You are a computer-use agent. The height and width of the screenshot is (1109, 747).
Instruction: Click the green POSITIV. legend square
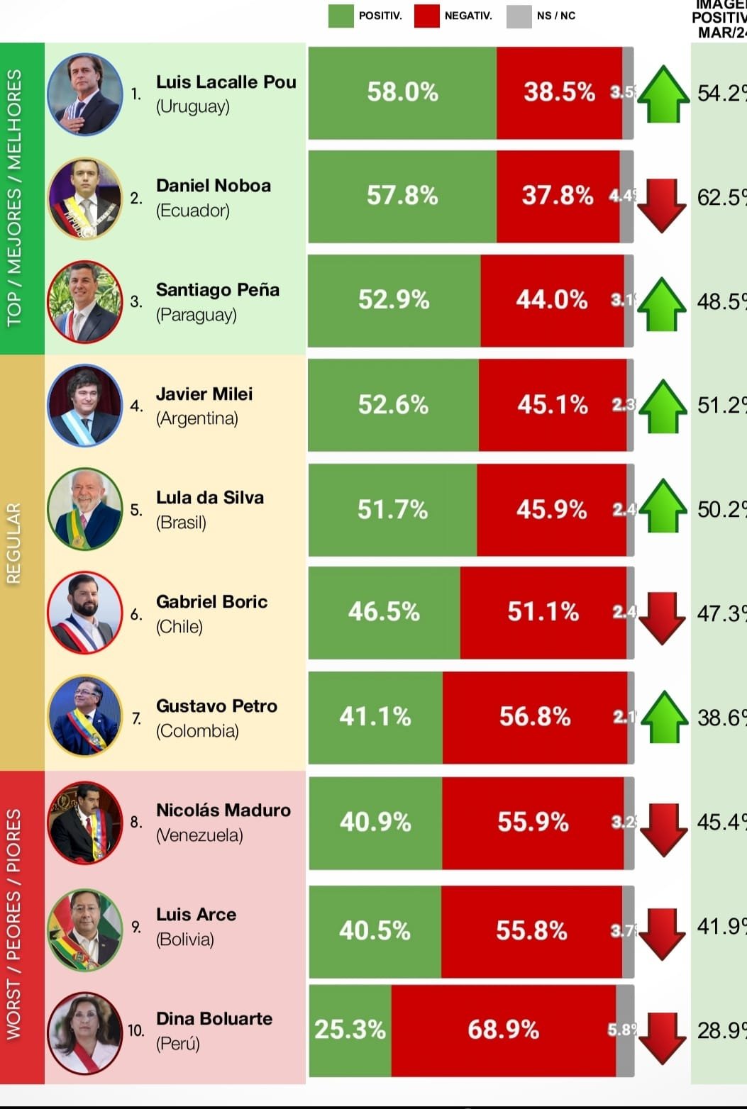(x=341, y=16)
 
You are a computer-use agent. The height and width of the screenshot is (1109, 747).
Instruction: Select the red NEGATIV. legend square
(x=427, y=16)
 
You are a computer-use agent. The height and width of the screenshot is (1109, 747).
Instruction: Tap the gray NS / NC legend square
(x=519, y=16)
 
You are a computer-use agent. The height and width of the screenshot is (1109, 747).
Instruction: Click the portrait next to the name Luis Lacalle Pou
(x=84, y=94)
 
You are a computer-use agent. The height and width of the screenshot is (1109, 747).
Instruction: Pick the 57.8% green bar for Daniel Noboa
(x=402, y=196)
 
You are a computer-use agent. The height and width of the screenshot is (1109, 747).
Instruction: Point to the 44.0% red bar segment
(x=552, y=301)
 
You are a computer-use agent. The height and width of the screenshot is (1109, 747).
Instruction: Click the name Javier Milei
(x=204, y=394)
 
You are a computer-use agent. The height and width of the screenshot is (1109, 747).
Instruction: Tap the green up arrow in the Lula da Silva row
(x=663, y=506)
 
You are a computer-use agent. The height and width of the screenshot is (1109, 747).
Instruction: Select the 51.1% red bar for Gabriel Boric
(x=543, y=613)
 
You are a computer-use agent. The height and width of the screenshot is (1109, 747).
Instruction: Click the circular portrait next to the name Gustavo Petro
(x=84, y=716)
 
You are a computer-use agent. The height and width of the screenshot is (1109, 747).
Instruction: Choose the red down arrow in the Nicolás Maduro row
(x=663, y=829)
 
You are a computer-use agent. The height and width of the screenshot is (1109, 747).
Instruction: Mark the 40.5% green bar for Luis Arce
(x=375, y=931)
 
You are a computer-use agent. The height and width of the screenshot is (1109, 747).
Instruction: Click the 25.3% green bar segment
(x=350, y=1030)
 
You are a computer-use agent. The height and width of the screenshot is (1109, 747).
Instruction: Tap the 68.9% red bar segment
(x=503, y=1030)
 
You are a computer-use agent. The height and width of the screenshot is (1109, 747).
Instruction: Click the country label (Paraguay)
(x=197, y=314)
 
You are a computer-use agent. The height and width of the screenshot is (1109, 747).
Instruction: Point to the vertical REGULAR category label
(x=14, y=543)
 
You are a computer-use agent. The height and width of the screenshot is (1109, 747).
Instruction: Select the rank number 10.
(x=135, y=1030)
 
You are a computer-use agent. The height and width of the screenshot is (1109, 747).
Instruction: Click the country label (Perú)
(x=178, y=1043)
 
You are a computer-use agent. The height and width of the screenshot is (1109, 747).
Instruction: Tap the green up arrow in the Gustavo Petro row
(x=664, y=718)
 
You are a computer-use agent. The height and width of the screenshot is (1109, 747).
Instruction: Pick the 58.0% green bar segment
(x=402, y=92)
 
